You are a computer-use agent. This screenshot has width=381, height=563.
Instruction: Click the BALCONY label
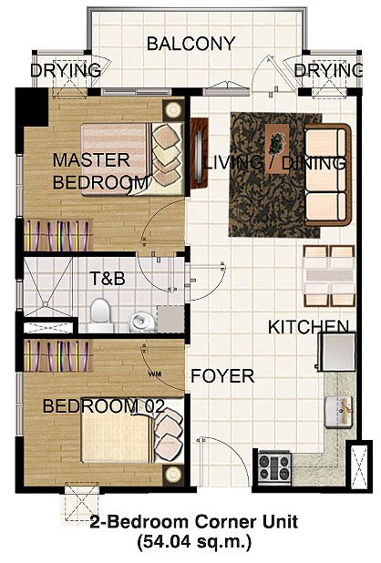190,43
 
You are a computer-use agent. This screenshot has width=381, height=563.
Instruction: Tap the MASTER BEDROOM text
99,170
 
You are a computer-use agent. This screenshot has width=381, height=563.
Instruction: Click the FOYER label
221,374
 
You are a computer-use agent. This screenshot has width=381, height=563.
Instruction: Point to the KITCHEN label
307,326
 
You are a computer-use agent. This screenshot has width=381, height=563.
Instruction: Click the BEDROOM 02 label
103,405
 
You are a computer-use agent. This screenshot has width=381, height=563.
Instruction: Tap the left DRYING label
65,71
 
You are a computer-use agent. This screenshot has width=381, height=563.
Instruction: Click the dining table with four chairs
328,276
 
